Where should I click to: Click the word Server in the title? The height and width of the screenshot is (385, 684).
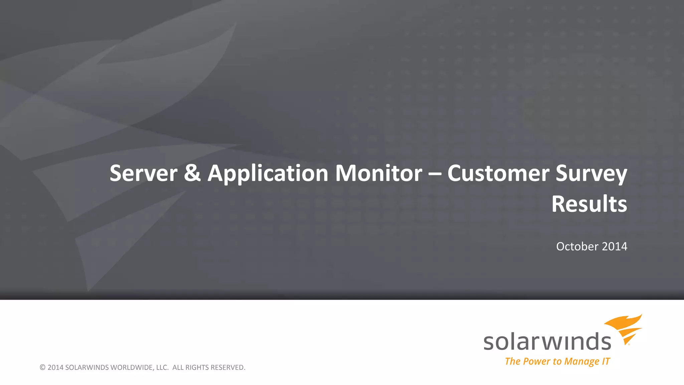pyautogui.click(x=144, y=173)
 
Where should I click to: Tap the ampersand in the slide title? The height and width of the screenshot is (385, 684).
pyautogui.click(x=192, y=173)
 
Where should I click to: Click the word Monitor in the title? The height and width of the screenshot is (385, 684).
pyautogui.click(x=378, y=173)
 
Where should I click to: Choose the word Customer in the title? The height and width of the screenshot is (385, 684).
pyautogui.click(x=498, y=173)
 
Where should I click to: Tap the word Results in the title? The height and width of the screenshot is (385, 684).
pyautogui.click(x=589, y=204)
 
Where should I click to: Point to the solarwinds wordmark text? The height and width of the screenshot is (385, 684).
pyautogui.click(x=547, y=342)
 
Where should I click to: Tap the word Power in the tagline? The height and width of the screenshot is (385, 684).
pyautogui.click(x=537, y=361)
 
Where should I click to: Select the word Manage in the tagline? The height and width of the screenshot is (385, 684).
pyautogui.click(x=582, y=362)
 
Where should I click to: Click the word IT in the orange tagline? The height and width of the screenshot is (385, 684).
pyautogui.click(x=606, y=361)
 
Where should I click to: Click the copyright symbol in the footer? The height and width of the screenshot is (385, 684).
pyautogui.click(x=42, y=368)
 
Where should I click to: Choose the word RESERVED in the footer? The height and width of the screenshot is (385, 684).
pyautogui.click(x=228, y=368)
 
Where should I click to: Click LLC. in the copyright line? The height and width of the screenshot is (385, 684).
pyautogui.click(x=162, y=368)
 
